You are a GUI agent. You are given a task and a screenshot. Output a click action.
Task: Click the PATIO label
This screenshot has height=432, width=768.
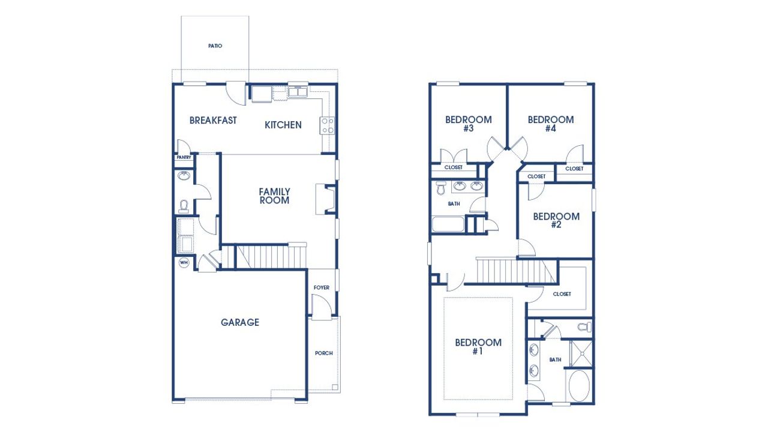pos(215,46)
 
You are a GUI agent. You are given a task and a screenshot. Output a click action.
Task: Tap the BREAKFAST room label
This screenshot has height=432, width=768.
pos(213,121)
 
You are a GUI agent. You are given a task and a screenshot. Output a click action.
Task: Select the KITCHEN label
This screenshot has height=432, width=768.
pos(283,125)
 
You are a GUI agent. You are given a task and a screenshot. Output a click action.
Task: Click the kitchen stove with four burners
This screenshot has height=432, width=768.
pos(328,125)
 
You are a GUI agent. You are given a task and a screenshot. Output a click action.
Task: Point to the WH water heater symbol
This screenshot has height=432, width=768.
pos(184,263)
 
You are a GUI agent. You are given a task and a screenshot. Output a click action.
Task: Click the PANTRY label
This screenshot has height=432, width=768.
pos(184,158)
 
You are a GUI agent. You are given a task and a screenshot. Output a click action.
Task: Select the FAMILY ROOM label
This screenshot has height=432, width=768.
pos(274,196)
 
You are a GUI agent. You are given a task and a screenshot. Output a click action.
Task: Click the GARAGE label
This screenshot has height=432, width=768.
pos(240,323)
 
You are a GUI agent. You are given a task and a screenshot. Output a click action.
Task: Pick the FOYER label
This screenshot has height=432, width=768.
pos(322,288)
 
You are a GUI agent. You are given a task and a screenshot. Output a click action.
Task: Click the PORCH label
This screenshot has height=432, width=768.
pos(323,353)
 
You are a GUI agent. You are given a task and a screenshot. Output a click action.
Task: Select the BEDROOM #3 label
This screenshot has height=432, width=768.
pos(468,124)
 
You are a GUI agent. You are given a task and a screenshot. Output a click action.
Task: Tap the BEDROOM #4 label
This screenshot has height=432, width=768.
pos(551,124)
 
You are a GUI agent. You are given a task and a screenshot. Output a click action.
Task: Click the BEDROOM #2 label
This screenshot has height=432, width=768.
pos(556,221)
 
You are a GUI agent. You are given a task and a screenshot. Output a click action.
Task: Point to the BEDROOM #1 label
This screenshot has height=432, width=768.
pos(478,347)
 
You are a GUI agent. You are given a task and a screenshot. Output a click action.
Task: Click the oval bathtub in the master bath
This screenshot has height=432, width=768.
pos(578,386)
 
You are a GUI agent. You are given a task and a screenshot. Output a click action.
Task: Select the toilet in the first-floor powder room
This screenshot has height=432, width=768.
pos(184,206)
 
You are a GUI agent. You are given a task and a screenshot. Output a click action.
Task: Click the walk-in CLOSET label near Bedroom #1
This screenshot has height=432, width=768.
pos(562,294)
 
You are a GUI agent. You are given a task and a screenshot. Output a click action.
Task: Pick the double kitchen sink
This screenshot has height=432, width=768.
pos(297,92)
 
